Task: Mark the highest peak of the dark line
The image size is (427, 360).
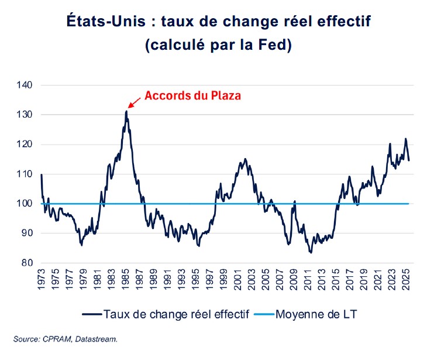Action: [x=126, y=111]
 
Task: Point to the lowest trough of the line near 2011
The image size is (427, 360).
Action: [x=311, y=252]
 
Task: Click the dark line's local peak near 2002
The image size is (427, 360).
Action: [x=245, y=159]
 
